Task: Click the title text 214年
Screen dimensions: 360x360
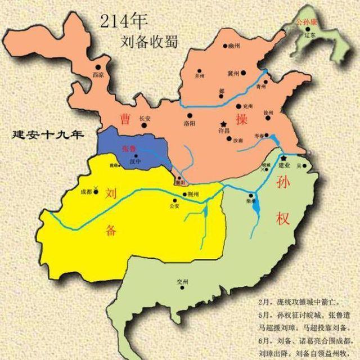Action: [x=124, y=22]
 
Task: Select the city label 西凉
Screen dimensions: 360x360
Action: [x=98, y=74]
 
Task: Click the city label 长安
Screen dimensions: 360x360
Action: [x=145, y=119]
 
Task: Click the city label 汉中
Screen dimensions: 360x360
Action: [x=134, y=161]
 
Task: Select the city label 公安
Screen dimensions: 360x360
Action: [x=173, y=205]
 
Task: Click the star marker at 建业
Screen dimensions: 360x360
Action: [x=283, y=158]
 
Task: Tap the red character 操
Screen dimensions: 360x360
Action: [x=242, y=119]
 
